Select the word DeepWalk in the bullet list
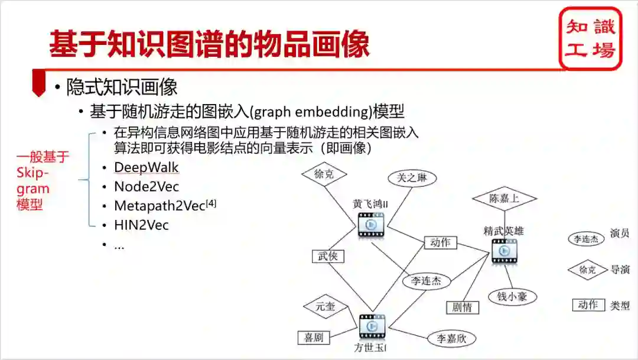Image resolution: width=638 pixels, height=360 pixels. (146, 167)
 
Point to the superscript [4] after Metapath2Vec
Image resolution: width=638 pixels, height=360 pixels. (211, 203)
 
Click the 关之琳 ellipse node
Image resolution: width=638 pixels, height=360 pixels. (412, 178)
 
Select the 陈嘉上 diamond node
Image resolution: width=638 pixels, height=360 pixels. (504, 199)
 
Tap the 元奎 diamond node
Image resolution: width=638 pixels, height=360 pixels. (325, 307)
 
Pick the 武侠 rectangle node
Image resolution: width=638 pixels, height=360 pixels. (328, 256)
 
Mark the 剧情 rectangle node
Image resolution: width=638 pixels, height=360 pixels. (463, 307)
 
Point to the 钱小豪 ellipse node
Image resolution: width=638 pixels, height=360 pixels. (512, 296)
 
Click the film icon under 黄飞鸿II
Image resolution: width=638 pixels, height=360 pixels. (371, 225)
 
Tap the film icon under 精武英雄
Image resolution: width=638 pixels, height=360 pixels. (504, 251)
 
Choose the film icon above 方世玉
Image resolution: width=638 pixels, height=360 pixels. (372, 326)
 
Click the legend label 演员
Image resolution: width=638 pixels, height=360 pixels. (619, 233)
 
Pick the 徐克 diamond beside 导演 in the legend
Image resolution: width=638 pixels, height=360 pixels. (587, 270)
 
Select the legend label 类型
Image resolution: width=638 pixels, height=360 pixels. (619, 306)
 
